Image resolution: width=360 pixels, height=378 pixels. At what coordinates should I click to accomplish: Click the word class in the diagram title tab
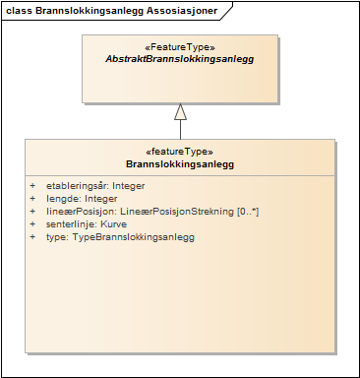19,11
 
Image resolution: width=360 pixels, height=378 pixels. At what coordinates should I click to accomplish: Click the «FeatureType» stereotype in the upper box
179,47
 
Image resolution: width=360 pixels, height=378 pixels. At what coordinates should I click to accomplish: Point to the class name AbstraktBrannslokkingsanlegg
179,59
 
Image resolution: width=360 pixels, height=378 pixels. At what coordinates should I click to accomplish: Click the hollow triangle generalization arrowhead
180,111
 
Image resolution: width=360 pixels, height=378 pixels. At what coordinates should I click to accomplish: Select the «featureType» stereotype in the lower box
179,152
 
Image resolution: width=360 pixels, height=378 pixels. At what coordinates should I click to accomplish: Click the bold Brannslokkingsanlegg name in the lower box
179,163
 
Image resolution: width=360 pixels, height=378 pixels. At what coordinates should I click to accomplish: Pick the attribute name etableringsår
77,185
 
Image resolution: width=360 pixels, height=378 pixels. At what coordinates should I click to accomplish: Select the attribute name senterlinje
71,223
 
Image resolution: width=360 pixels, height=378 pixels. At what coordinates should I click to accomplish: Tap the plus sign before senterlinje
32,223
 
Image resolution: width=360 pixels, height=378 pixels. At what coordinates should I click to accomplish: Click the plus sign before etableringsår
32,185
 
